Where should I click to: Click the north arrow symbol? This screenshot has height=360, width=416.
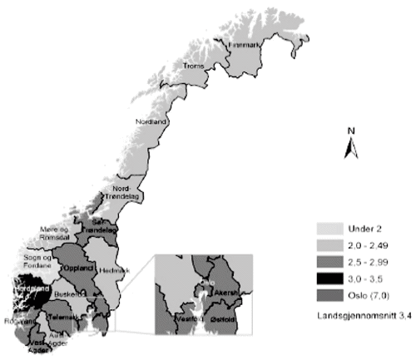coord(352,145)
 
